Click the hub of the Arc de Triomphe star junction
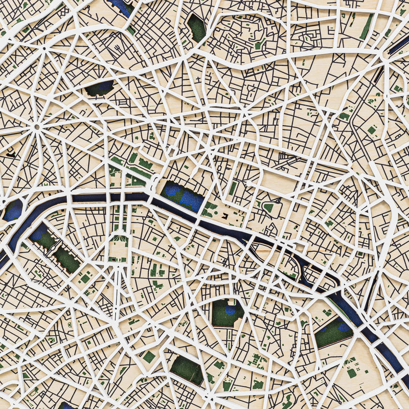37,125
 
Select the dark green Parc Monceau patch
99,88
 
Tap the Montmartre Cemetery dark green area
196,28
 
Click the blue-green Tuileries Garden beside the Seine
183,196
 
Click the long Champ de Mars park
56,251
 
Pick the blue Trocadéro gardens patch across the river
13,210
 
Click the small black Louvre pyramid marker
224,217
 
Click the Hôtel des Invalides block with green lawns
119,240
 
